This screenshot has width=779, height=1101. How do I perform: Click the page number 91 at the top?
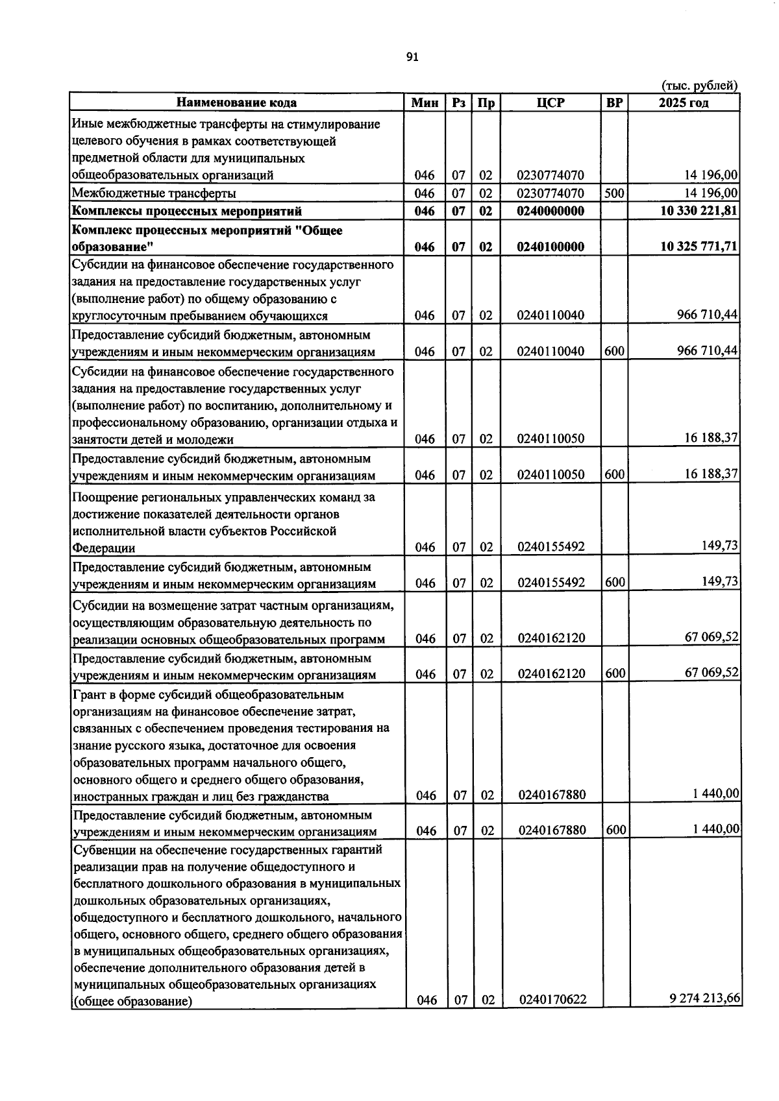[x=412, y=57]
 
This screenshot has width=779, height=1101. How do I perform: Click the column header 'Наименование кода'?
[x=237, y=103]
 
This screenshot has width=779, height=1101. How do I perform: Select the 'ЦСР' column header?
[x=551, y=103]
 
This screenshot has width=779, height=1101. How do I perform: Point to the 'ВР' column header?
[x=614, y=103]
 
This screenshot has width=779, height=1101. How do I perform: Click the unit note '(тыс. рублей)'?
[x=699, y=86]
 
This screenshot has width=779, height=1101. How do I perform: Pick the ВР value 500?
[x=614, y=193]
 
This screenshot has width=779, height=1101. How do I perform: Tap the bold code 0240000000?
[x=550, y=212]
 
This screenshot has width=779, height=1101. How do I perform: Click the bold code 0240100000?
[x=550, y=247]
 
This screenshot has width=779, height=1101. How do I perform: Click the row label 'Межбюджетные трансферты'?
[x=154, y=193]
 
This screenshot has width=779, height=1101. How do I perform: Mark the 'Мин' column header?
[x=425, y=103]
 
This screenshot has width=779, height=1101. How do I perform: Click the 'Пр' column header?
[x=486, y=103]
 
